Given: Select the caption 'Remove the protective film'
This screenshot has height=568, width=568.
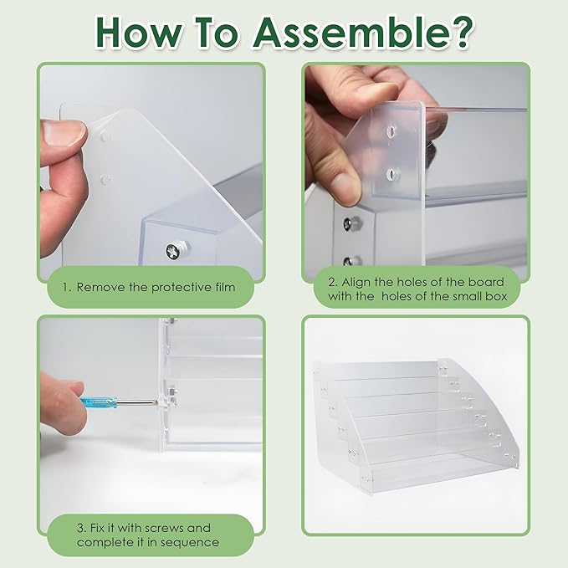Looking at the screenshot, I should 154,287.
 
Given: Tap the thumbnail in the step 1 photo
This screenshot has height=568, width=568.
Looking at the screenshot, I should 62,132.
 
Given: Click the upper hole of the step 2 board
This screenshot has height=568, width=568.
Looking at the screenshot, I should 391,132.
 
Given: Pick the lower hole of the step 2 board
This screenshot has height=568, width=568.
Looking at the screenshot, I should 391,173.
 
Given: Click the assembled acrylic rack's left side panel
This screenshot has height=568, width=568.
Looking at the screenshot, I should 335,418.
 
